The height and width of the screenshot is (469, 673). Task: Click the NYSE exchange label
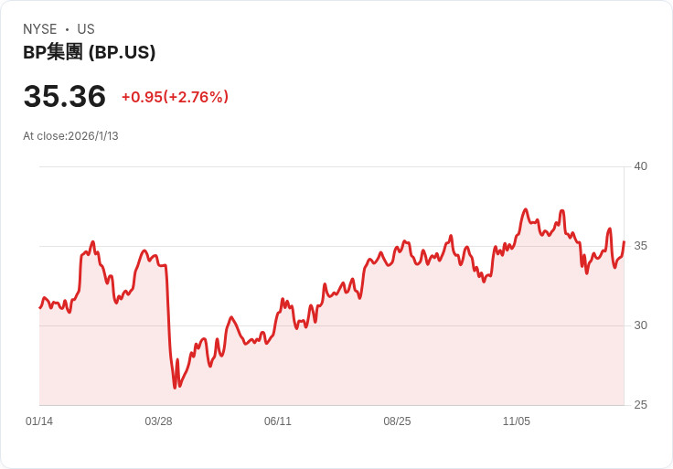click(x=40, y=29)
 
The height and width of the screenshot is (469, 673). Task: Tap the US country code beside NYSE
click(x=86, y=29)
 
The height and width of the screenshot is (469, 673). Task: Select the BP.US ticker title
click(x=89, y=53)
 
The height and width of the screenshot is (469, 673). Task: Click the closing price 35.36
click(x=64, y=97)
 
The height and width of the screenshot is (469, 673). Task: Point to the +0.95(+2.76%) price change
click(x=175, y=97)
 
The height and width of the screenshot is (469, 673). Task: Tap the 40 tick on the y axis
click(x=640, y=166)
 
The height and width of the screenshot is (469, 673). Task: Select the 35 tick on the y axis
click(x=640, y=246)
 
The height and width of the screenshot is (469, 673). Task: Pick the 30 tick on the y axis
click(x=640, y=325)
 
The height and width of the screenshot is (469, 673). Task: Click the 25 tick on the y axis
click(x=640, y=405)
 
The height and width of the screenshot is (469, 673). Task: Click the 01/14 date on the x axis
click(x=39, y=421)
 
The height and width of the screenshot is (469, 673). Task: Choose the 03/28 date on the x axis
click(x=158, y=421)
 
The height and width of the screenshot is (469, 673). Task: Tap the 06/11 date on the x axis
click(x=278, y=421)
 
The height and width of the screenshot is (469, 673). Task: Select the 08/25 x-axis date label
click(x=397, y=421)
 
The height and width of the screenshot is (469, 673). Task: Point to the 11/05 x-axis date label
click(x=517, y=421)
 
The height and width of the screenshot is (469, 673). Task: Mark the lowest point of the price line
click(x=175, y=388)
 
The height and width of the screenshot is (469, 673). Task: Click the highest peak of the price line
click(x=525, y=209)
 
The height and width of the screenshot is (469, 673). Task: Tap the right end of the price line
click(x=624, y=242)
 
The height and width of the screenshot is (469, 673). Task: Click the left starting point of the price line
click(x=39, y=307)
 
